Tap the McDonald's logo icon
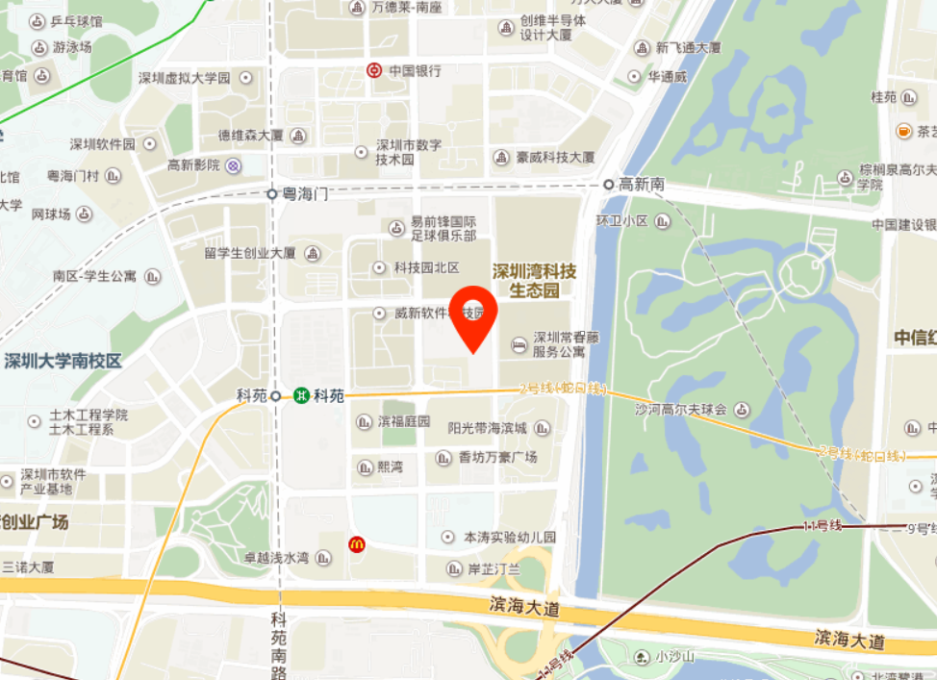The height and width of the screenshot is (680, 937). pyautogui.click(x=357, y=545)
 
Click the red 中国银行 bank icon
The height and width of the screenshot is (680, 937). pyautogui.click(x=373, y=70)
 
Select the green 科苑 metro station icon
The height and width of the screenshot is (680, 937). pyautogui.click(x=302, y=395)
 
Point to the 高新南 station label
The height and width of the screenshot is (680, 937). pyautogui.click(x=642, y=184)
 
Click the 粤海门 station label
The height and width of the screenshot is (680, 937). pyautogui.click(x=305, y=194)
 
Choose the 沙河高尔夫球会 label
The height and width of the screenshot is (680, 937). pyautogui.click(x=680, y=410)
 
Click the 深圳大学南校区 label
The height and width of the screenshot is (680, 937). pyautogui.click(x=63, y=362)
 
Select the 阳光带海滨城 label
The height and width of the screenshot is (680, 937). pyautogui.click(x=487, y=428)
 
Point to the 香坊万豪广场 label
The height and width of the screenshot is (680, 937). pyautogui.click(x=497, y=458)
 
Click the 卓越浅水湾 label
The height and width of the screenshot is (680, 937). pyautogui.click(x=275, y=558)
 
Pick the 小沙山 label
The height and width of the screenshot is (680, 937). pyautogui.click(x=674, y=657)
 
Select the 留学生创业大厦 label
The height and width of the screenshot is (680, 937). pyautogui.click(x=250, y=254)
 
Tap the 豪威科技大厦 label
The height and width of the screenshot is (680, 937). pyautogui.click(x=556, y=157)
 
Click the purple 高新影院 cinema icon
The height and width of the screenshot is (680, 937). pyautogui.click(x=234, y=165)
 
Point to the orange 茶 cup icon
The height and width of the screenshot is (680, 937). pyautogui.click(x=903, y=131)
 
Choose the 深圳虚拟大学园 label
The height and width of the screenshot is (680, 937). pyautogui.click(x=184, y=78)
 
